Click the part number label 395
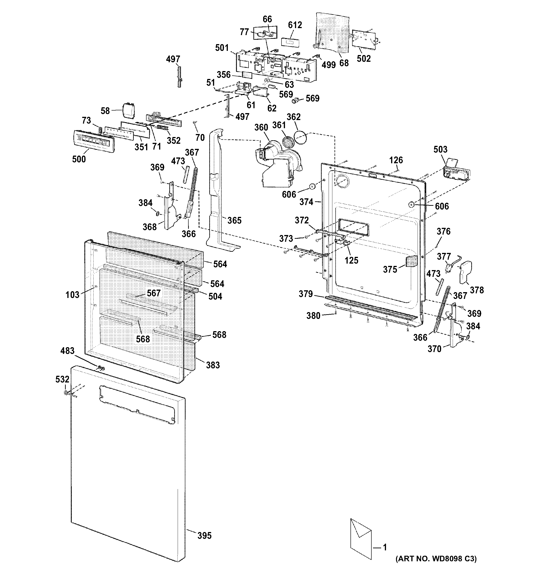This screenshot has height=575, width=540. click(204, 536)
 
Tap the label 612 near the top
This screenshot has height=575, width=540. click(295, 25)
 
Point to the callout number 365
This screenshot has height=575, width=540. click(234, 220)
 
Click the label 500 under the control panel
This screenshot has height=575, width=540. click(79, 159)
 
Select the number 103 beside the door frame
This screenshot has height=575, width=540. click(72, 295)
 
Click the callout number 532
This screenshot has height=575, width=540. click(62, 379)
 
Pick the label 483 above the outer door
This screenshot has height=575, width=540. click(67, 351)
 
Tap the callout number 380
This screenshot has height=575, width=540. click(314, 316)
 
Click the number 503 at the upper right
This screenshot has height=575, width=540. click(440, 149)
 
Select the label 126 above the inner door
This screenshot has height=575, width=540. click(396, 160)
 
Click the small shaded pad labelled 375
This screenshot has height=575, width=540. click(412, 261)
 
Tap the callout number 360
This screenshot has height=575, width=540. click(261, 127)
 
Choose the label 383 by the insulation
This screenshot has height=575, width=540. click(213, 365)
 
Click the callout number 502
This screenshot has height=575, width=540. click(363, 59)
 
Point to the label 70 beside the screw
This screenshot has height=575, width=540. click(200, 138)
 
